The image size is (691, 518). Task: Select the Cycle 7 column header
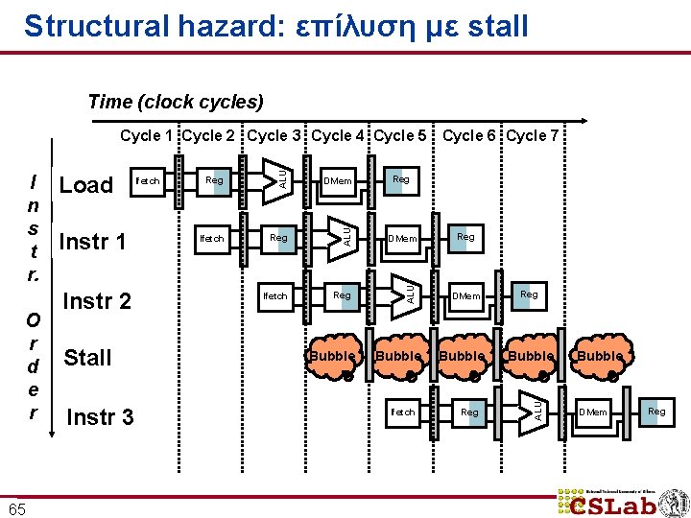[533, 136]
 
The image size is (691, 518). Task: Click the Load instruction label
[86, 185]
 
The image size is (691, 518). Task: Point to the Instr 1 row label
[92, 241]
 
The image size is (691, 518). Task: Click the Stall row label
[87, 358]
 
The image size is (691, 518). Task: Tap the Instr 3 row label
[100, 417]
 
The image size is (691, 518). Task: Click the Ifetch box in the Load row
[148, 180]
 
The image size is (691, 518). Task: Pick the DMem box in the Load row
[338, 180]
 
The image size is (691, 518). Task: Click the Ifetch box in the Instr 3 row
[403, 412]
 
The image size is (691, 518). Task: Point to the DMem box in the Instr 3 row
[593, 412]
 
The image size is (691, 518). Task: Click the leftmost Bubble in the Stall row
[334, 357]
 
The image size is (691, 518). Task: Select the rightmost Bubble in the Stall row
[601, 357]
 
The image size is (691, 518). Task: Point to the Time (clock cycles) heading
[176, 102]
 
